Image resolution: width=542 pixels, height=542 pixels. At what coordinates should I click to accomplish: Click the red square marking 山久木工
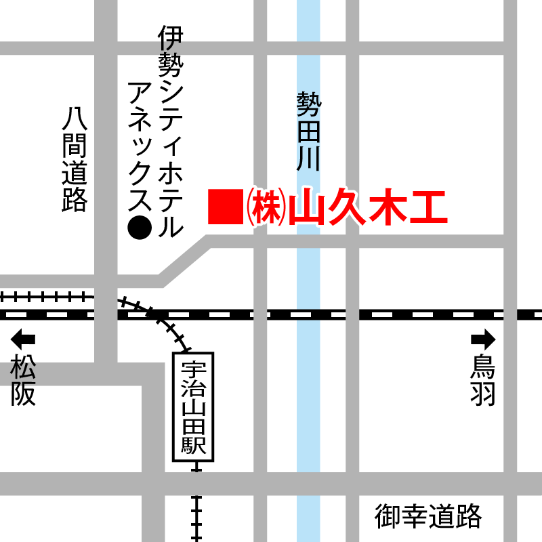pyautogui.click(x=224, y=207)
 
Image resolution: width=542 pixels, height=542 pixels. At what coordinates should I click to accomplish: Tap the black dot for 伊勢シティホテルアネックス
pyautogui.click(x=140, y=228)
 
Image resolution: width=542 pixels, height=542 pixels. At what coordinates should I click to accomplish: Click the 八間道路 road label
pyautogui.click(x=74, y=160)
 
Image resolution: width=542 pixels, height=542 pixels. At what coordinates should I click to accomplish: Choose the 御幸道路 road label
pyautogui.click(x=428, y=517)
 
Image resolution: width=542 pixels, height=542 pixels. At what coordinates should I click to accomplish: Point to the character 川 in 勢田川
pyautogui.click(x=308, y=159)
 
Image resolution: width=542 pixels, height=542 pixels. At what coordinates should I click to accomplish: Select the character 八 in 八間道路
pyautogui.click(x=74, y=119)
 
